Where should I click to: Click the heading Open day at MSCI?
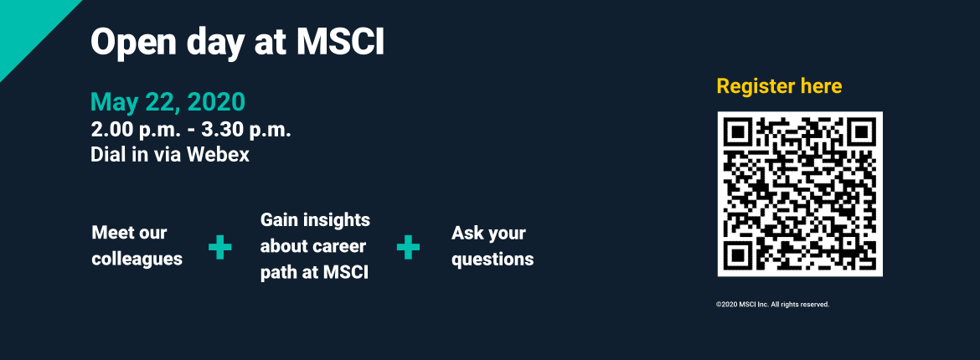(x=238, y=44)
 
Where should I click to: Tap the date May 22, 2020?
(x=168, y=102)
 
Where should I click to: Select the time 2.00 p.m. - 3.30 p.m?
(x=191, y=131)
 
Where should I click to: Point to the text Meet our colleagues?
(x=137, y=245)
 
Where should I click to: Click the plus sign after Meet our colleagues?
(x=219, y=248)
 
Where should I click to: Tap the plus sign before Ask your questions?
(x=408, y=248)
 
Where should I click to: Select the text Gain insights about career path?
(x=315, y=246)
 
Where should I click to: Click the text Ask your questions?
(x=493, y=245)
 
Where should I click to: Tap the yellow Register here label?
(x=779, y=86)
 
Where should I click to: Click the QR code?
(x=800, y=193)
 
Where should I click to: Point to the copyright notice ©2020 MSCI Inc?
(x=772, y=305)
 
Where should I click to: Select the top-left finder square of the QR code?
(x=738, y=132)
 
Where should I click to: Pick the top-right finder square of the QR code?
(x=862, y=132)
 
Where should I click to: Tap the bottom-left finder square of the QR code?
(x=738, y=255)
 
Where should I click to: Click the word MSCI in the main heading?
(x=340, y=44)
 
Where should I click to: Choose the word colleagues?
(x=137, y=259)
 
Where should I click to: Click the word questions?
(x=493, y=259)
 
